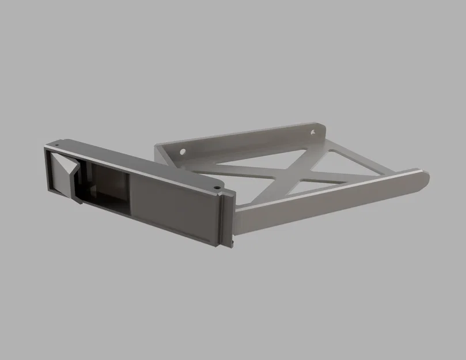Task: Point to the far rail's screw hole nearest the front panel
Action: click(183, 153)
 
